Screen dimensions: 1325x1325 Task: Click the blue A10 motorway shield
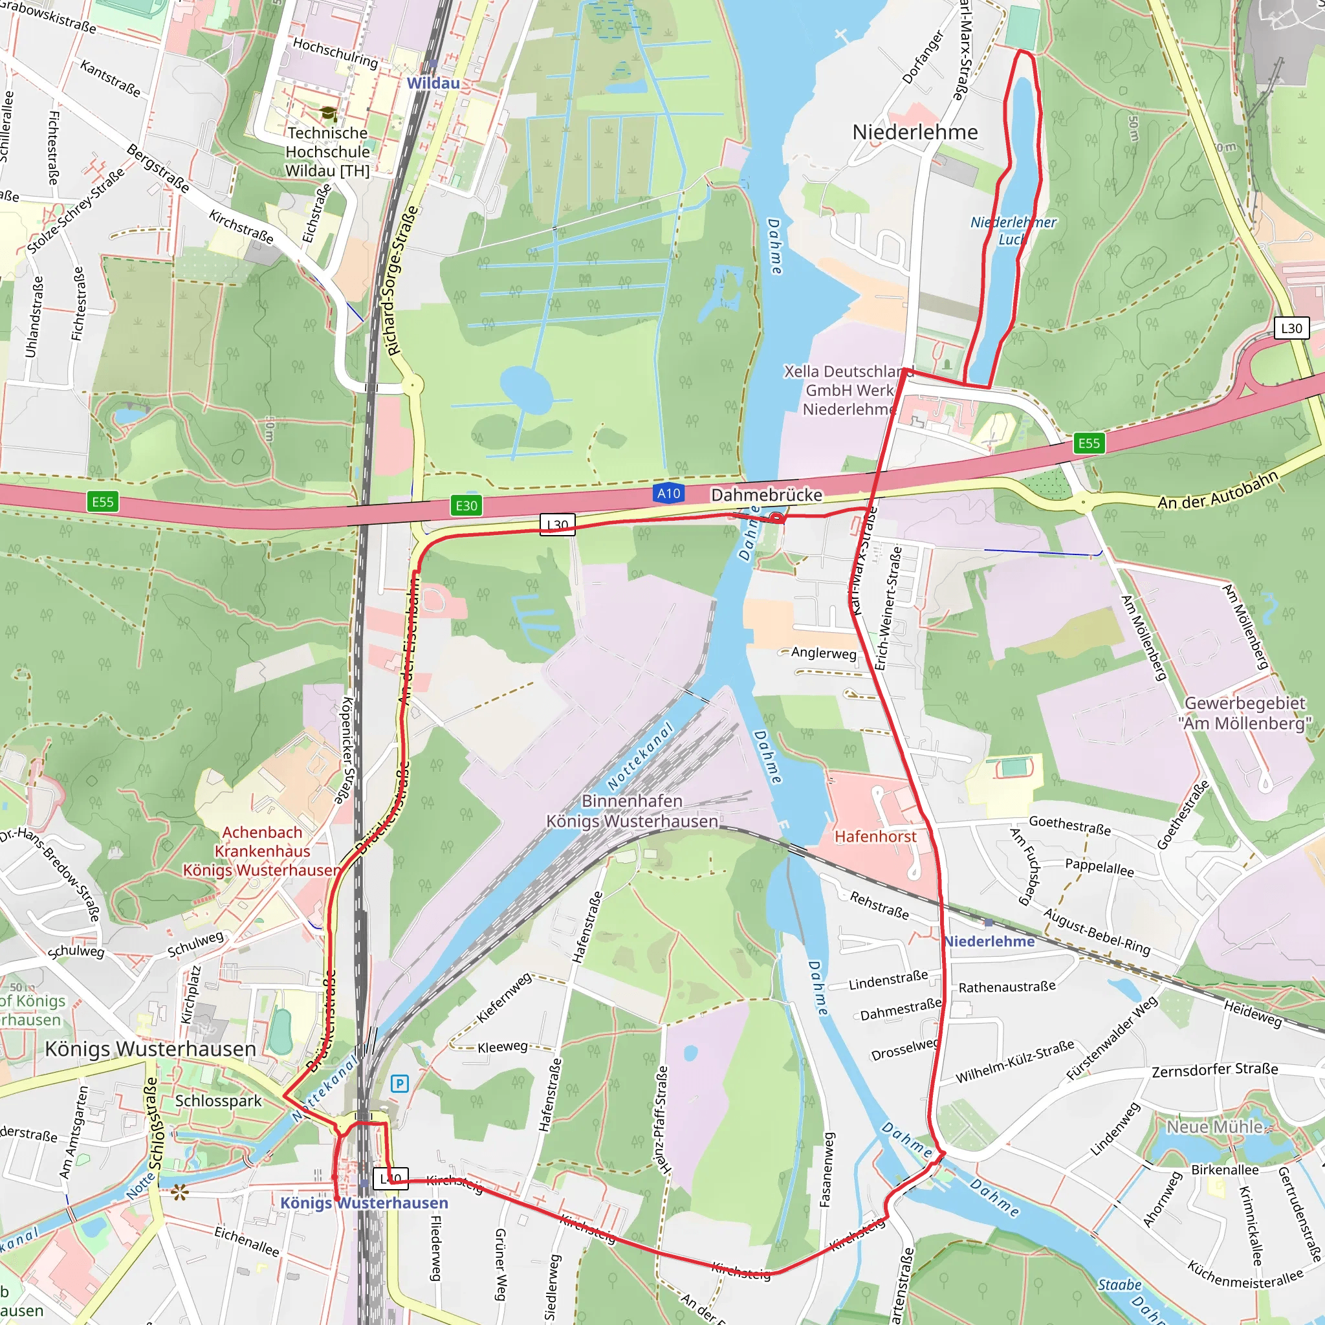point(669,493)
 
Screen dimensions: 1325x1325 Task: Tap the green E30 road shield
point(466,505)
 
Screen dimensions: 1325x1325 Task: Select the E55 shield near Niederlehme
point(1089,443)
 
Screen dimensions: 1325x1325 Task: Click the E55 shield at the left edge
point(103,501)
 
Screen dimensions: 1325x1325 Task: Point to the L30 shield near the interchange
point(1291,328)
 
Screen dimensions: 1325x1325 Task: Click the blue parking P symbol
point(400,1084)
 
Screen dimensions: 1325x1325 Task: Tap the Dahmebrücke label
point(766,494)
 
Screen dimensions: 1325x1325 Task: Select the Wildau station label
point(433,83)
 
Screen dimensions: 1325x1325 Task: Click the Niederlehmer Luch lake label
point(1013,230)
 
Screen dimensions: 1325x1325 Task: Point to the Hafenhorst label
point(875,836)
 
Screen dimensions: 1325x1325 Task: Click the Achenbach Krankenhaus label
point(262,850)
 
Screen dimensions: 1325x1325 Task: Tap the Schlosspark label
point(218,1101)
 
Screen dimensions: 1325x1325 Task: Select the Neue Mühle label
point(1214,1127)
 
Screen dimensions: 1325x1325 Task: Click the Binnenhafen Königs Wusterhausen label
point(631,811)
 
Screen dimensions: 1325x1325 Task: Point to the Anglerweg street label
point(823,652)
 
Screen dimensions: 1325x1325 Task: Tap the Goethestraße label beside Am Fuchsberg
point(1069,826)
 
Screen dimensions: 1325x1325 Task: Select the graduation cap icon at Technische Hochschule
point(329,113)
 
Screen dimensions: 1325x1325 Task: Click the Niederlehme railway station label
point(989,941)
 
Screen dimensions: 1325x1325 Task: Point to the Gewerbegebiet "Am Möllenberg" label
point(1245,713)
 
